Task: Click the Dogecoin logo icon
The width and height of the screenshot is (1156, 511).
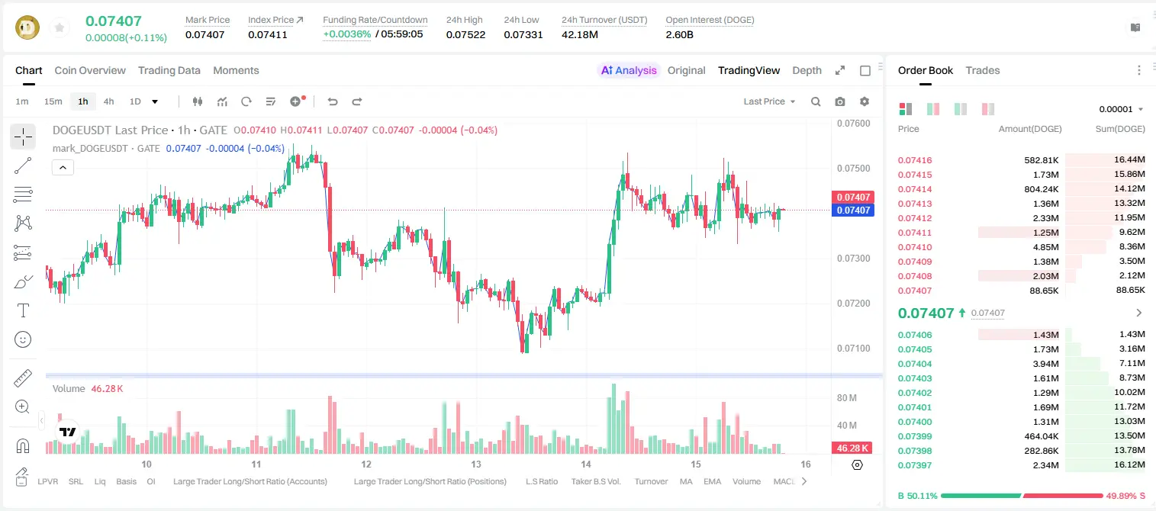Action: [x=27, y=27]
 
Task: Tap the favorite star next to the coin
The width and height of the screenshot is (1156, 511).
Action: [x=60, y=27]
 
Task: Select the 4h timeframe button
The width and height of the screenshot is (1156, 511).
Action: [x=108, y=101]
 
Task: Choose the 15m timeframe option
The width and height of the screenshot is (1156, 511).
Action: [x=53, y=101]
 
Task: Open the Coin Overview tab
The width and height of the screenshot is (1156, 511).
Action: [x=90, y=70]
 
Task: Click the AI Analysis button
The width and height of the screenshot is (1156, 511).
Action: [x=629, y=70]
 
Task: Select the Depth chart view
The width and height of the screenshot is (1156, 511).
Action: [x=807, y=70]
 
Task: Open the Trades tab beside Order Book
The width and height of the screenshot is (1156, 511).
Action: [x=983, y=70]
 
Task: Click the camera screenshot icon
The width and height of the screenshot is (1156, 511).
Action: [x=840, y=101]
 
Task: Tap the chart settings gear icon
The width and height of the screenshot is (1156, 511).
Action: [x=865, y=101]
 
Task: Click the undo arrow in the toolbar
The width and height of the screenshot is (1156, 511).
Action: [x=333, y=101]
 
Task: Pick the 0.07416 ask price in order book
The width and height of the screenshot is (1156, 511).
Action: [x=914, y=160]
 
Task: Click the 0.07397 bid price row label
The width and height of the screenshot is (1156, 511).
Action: [x=914, y=465]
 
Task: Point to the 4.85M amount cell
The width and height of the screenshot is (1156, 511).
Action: [x=1045, y=247]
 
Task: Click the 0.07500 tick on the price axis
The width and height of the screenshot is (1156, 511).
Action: [x=854, y=169]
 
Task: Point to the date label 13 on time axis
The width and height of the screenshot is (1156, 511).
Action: [x=476, y=464]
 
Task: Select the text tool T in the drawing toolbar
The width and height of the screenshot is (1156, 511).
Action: [x=23, y=310]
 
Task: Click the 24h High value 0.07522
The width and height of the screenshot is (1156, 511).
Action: [x=465, y=34]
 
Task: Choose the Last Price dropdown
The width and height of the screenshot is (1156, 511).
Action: [x=769, y=101]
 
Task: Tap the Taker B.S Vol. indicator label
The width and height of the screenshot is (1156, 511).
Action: [x=595, y=481]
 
